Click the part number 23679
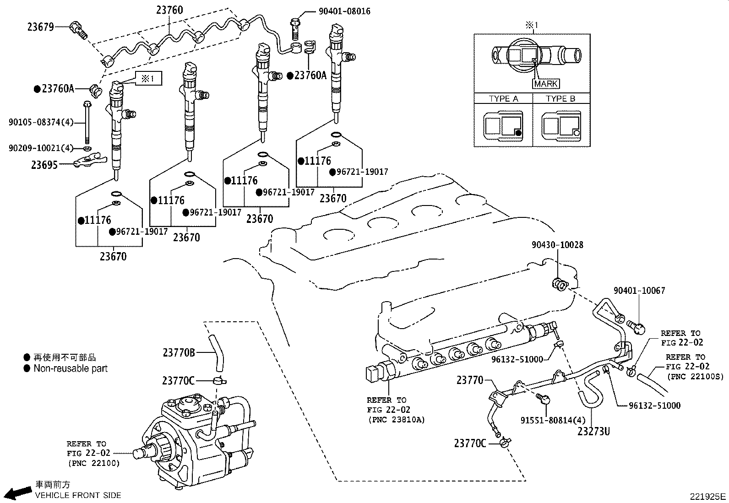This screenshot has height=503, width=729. click(x=41, y=27)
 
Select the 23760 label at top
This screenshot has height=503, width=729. click(x=169, y=10)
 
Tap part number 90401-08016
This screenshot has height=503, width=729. click(x=344, y=11)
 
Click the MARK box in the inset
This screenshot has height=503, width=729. click(x=546, y=84)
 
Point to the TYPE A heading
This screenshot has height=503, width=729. click(x=503, y=99)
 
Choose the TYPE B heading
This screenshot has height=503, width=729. click(x=560, y=99)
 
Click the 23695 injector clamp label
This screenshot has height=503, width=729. click(x=44, y=165)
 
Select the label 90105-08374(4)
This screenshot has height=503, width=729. click(x=41, y=122)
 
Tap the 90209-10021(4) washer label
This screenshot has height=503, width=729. click(x=41, y=148)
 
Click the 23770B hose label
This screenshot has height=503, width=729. click(x=179, y=353)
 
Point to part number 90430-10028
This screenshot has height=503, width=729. click(x=557, y=245)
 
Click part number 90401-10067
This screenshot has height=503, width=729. click(x=639, y=291)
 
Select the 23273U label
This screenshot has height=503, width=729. click(x=593, y=431)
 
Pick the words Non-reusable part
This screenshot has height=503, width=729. click(x=71, y=368)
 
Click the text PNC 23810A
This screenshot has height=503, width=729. click(x=396, y=420)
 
